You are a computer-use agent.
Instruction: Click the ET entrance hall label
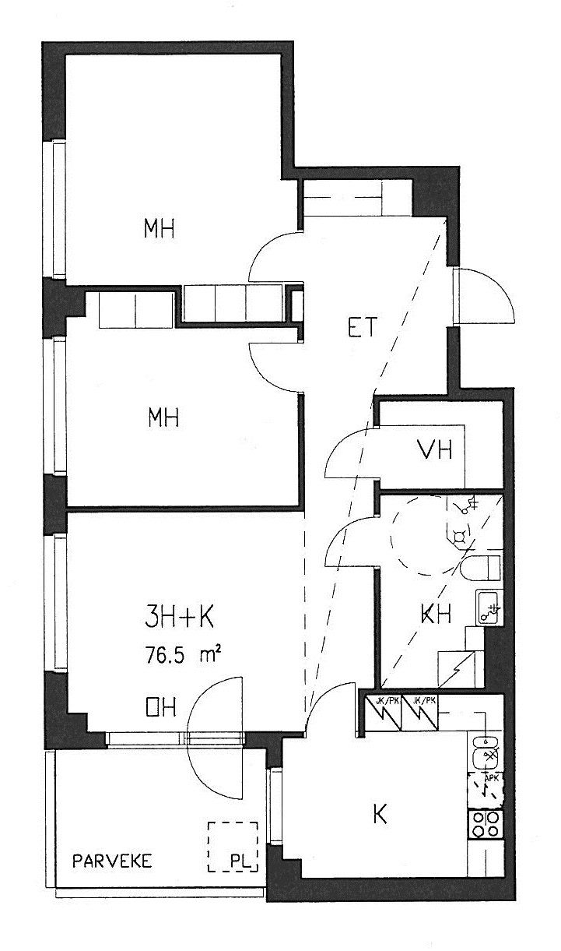[363, 327]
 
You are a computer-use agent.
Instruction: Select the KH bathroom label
[435, 614]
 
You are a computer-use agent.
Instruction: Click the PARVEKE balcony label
[112, 861]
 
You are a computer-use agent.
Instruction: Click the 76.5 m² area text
[184, 653]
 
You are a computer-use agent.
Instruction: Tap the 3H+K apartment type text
[180, 618]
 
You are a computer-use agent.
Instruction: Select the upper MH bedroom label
[159, 228]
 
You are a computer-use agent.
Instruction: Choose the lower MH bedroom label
[163, 417]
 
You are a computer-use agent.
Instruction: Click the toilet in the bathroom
[481, 567]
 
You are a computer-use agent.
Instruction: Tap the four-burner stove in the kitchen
[486, 825]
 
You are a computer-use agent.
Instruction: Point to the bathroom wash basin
[489, 607]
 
